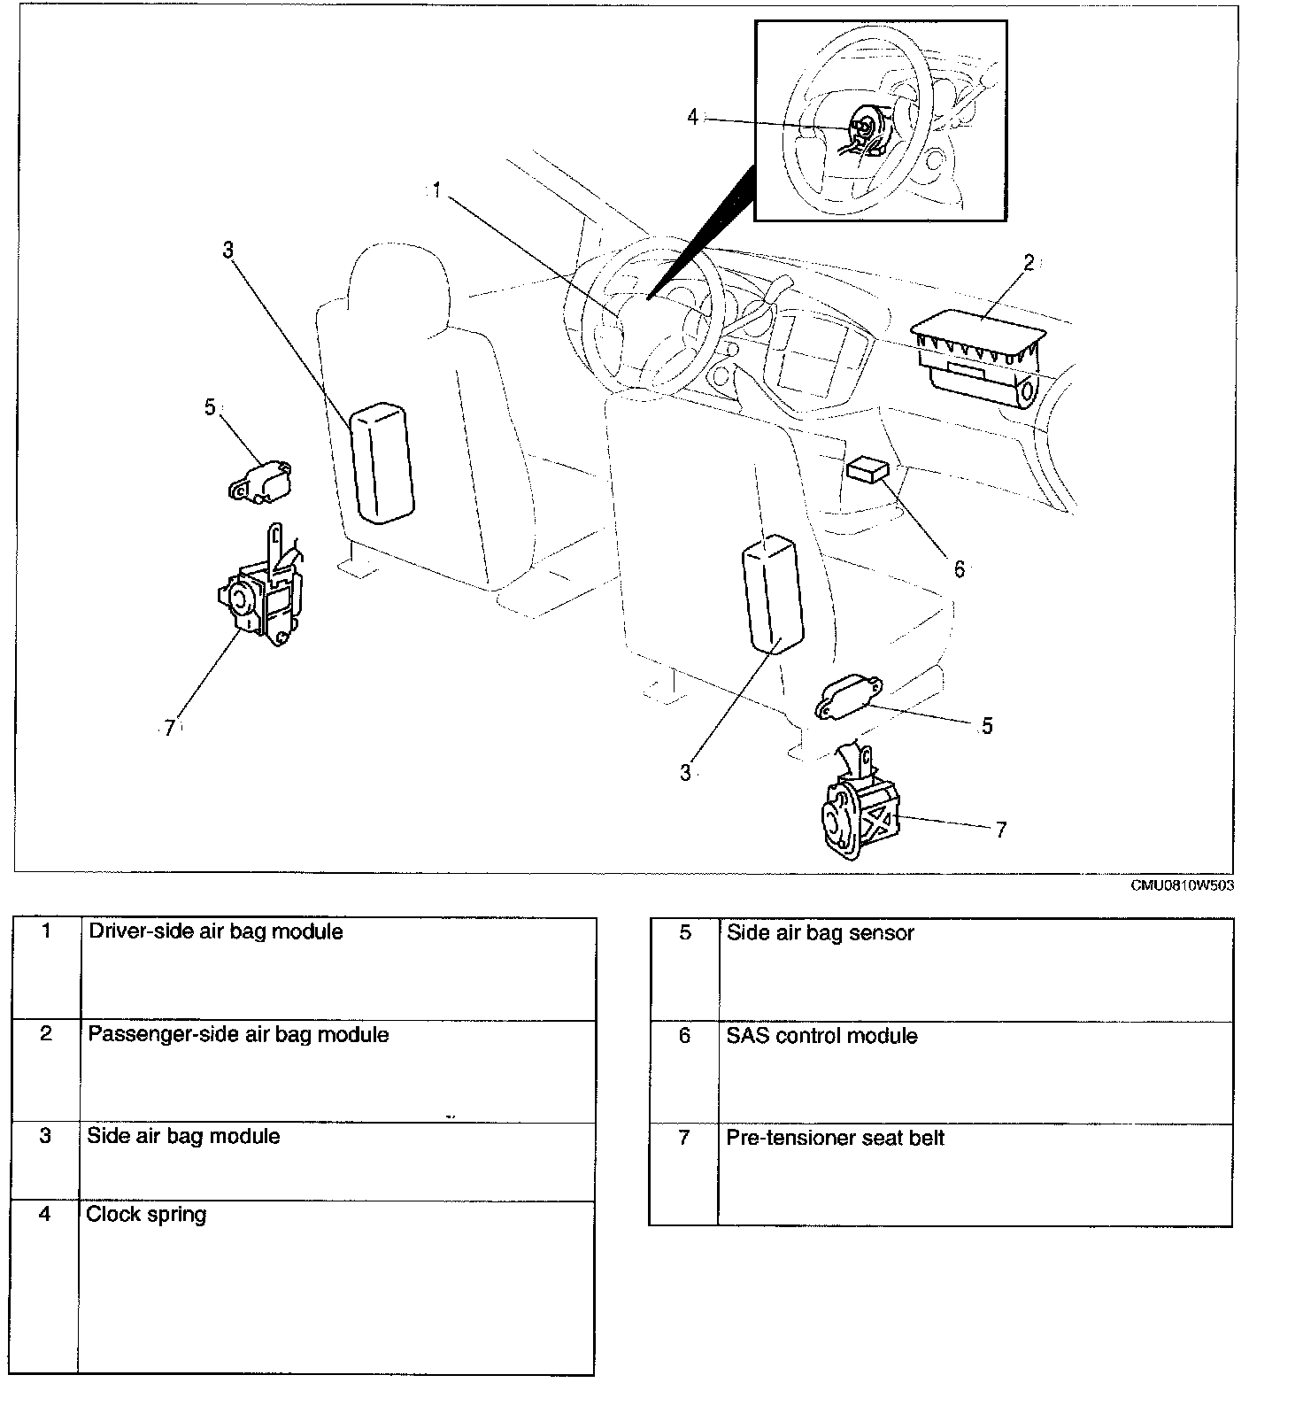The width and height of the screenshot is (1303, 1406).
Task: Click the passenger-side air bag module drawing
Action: point(977,364)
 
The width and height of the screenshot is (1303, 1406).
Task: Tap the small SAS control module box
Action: point(868,468)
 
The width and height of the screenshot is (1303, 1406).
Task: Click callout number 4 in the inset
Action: point(692,117)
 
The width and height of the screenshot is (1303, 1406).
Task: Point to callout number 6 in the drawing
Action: point(960,569)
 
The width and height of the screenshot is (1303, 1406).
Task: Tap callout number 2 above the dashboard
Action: point(1029,263)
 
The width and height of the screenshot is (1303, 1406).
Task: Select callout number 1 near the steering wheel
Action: point(436,191)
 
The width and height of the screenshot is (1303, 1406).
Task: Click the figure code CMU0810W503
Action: point(1181,885)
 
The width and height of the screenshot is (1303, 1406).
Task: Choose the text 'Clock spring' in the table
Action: point(146,1214)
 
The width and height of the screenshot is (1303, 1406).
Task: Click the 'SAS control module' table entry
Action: point(821,1036)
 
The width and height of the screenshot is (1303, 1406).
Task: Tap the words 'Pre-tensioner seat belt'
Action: point(835,1138)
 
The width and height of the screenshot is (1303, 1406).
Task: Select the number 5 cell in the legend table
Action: point(684,933)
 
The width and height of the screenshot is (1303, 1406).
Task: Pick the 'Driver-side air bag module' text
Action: point(215,931)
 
